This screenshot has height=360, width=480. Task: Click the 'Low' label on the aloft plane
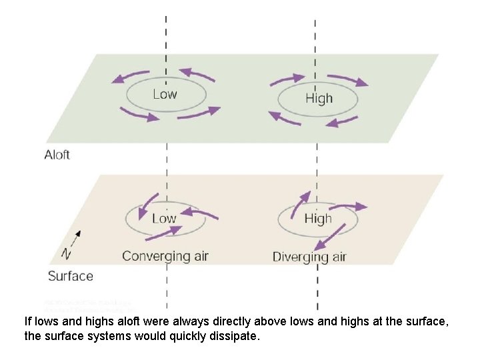point(165,94)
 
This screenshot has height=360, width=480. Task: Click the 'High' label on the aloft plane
point(319,99)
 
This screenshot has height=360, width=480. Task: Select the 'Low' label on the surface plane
point(164,218)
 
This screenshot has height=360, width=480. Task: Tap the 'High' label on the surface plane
point(318,219)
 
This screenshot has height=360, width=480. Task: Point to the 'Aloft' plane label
point(57,155)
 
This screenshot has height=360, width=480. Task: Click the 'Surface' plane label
point(71,275)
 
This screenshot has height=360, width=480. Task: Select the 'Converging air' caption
point(165,256)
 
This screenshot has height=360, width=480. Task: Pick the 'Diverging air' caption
point(309,257)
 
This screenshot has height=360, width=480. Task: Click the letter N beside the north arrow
point(66,253)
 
